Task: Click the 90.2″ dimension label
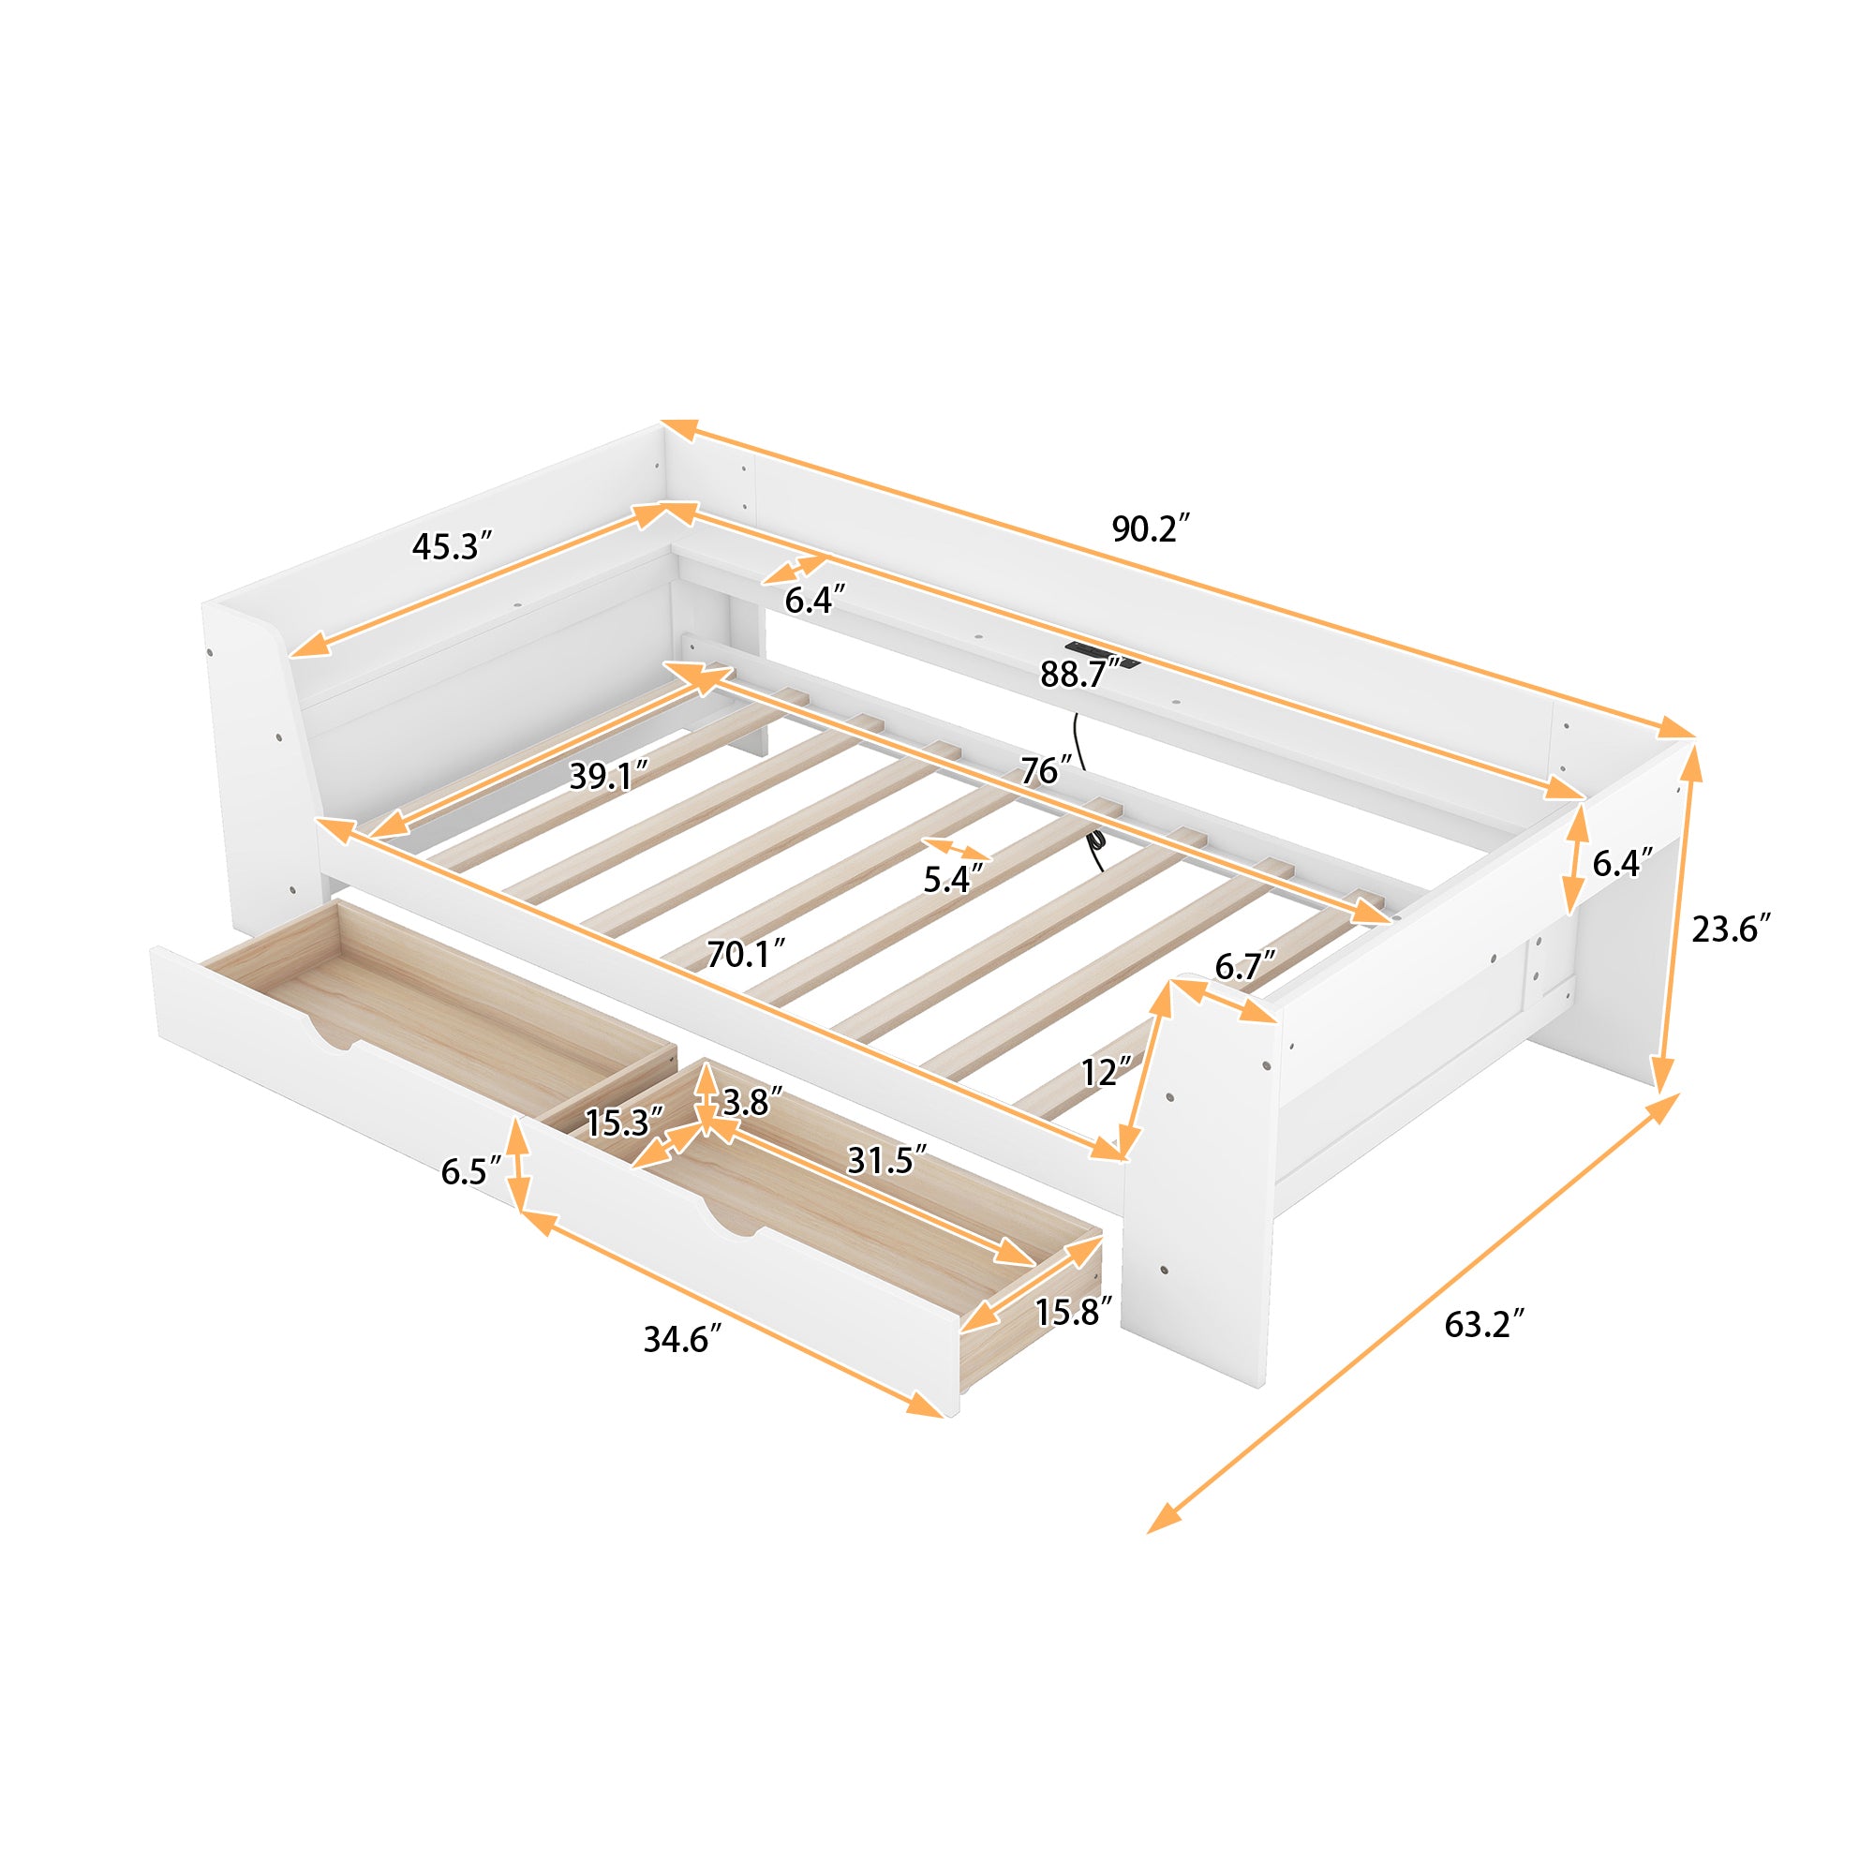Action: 1150,528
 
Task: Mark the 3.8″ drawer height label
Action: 752,1102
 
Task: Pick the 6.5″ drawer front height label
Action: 471,1170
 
